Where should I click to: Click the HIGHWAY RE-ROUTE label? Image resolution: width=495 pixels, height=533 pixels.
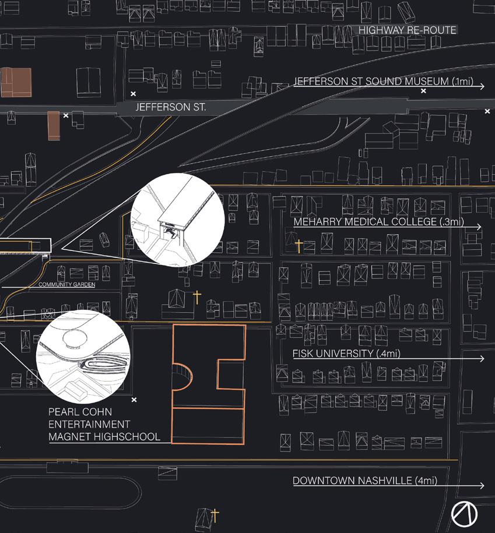(407, 30)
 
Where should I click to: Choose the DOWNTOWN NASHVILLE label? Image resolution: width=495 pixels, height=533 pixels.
(364, 481)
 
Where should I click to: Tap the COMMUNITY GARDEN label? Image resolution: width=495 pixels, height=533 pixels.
(66, 284)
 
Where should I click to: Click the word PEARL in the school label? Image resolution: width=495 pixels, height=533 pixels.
(63, 412)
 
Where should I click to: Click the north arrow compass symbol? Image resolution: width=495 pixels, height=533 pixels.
(465, 513)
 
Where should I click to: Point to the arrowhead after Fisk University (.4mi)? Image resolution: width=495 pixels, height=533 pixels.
(481, 358)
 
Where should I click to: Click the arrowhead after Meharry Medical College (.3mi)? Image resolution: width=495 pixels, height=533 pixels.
(479, 227)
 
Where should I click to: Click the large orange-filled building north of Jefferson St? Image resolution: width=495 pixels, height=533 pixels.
(16, 82)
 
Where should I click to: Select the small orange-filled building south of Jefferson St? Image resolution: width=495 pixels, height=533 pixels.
(54, 125)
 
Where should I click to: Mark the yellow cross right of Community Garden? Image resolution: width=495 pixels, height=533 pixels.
(197, 298)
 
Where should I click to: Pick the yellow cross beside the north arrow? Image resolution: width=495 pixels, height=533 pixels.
(215, 514)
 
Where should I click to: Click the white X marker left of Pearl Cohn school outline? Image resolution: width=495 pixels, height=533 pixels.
(134, 400)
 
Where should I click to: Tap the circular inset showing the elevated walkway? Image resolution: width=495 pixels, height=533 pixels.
(178, 220)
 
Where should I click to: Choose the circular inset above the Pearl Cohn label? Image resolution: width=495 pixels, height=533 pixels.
(82, 353)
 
